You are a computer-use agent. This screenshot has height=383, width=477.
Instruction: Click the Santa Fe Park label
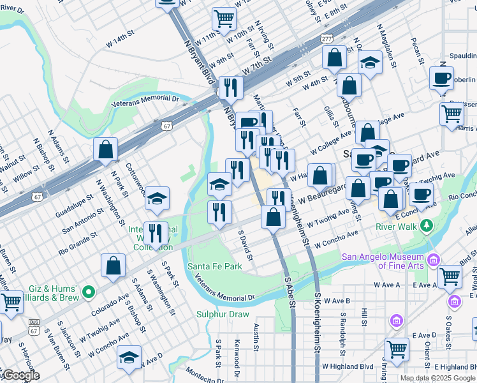tap(214, 266)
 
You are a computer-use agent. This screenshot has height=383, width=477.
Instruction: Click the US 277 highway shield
tap(327, 39)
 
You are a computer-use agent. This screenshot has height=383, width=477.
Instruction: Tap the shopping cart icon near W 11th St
tap(223, 19)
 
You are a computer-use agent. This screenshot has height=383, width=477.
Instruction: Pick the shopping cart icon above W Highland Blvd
tap(397, 350)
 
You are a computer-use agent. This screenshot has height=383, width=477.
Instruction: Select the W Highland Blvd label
tap(347, 366)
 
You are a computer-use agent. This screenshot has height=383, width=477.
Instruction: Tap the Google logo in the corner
tap(20, 375)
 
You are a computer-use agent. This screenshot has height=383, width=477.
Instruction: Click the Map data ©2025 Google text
tap(437, 378)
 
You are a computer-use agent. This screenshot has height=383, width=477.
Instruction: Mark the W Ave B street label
tap(337, 300)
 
